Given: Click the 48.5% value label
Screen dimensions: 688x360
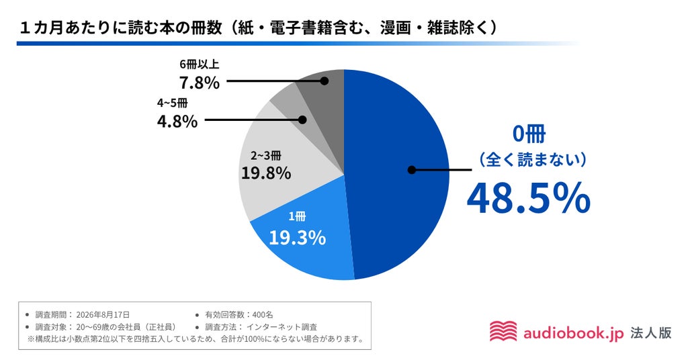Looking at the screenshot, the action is [528, 198].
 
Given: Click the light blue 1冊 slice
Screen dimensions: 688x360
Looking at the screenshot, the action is [303, 246].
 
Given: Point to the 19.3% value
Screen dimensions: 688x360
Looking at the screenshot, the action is [297, 238].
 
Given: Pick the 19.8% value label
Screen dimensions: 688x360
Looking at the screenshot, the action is [266, 173].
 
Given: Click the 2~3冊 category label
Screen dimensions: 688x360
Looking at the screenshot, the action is [266, 155].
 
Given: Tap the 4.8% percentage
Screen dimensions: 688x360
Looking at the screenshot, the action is [177, 122].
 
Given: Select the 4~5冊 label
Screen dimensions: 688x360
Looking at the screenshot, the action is [173, 103].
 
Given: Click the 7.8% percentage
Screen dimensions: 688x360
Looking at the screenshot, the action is [199, 83].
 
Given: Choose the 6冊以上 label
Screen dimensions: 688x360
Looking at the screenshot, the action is [199, 64].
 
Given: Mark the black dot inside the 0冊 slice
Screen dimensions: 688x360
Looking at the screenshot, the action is [412, 170].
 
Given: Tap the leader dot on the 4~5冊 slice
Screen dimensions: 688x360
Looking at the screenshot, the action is [302, 120].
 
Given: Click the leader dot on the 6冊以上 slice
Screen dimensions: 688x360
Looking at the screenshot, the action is [325, 81].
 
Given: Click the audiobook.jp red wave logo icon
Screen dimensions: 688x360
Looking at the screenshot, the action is [503, 331].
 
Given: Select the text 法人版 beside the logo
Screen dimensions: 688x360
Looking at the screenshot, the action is [651, 333].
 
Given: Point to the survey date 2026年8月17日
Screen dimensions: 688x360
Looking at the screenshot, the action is [103, 315].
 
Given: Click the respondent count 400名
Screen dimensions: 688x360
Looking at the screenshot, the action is [263, 315].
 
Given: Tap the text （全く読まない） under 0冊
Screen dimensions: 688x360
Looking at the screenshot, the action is [532, 159].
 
